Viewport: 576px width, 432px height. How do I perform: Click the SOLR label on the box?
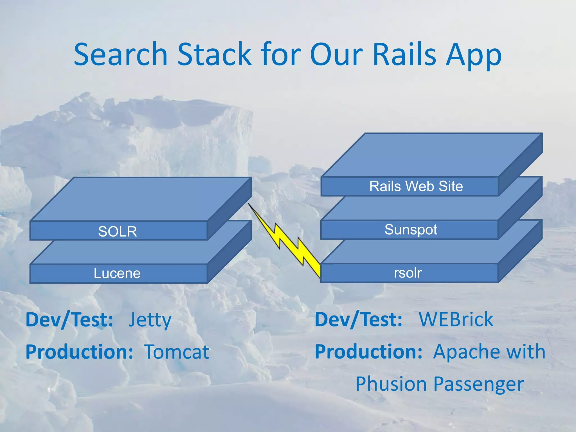click(118, 231)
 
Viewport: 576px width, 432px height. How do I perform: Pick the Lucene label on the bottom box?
click(117, 273)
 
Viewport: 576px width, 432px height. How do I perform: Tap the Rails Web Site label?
click(416, 186)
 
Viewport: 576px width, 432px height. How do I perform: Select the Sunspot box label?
click(411, 229)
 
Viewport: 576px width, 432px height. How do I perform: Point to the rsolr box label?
click(408, 273)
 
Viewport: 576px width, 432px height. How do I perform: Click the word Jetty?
click(150, 320)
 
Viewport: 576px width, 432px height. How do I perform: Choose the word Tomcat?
click(177, 352)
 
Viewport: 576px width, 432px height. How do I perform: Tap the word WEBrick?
click(456, 319)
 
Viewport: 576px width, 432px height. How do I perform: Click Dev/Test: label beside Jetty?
click(69, 320)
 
